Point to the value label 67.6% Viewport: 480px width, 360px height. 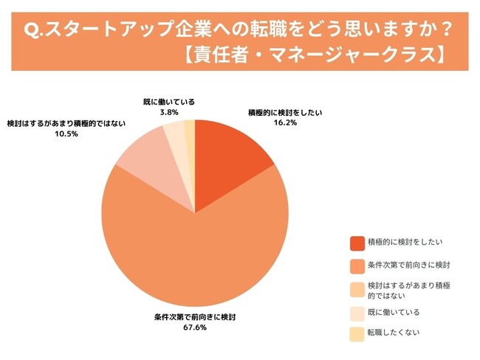195,328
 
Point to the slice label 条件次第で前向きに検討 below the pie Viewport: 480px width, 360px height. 195,317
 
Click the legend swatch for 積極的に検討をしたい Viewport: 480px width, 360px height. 357,242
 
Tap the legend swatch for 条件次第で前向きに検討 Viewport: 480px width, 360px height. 357,265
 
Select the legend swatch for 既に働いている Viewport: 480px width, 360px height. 357,313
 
